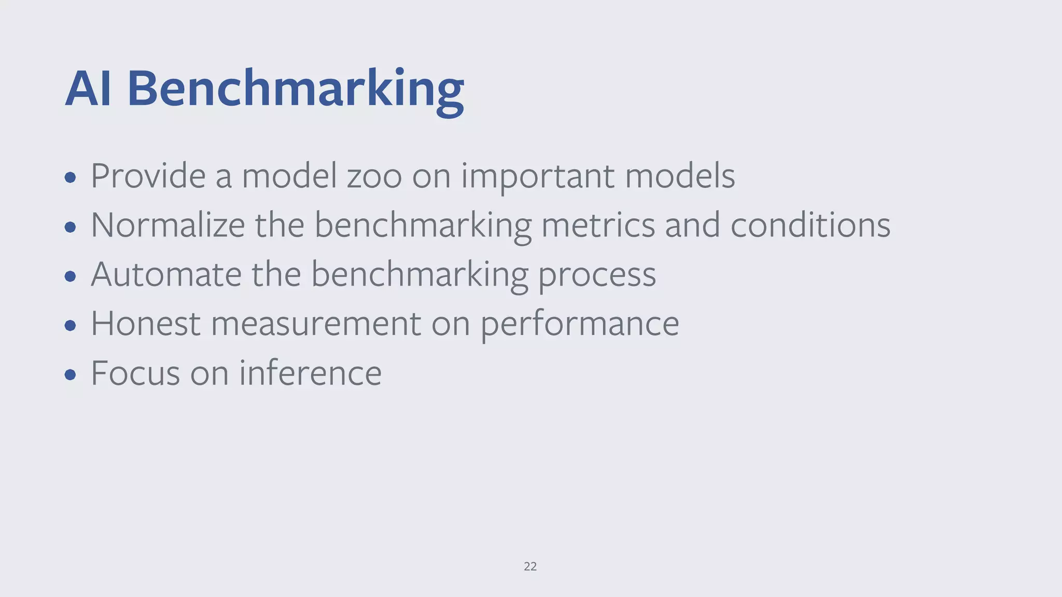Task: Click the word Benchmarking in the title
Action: (x=295, y=89)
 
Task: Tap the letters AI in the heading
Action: (x=88, y=89)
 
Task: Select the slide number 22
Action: (x=530, y=566)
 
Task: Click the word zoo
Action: (x=374, y=176)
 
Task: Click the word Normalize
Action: (x=167, y=225)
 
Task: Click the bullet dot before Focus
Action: (x=71, y=375)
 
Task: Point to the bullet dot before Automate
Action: (x=71, y=276)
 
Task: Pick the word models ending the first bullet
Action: (x=680, y=176)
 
